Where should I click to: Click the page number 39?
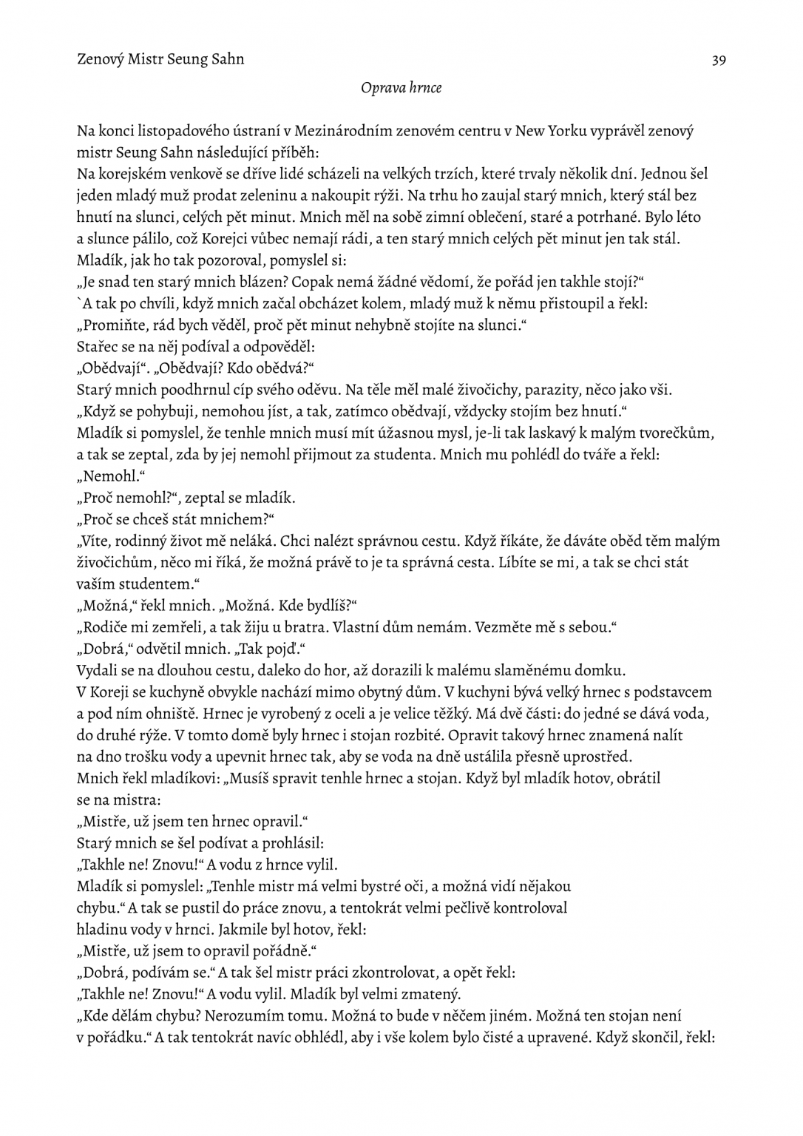tap(718, 60)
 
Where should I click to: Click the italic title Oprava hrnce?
tap(402, 88)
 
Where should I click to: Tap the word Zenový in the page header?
tap(101, 59)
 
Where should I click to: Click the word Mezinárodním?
tap(342, 132)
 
